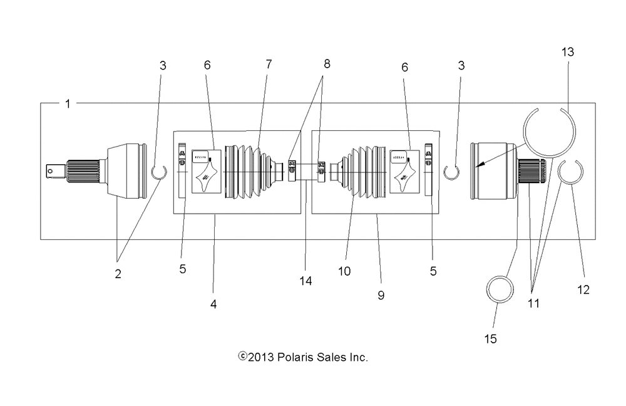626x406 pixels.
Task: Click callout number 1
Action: (x=68, y=103)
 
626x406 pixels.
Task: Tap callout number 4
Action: (x=213, y=305)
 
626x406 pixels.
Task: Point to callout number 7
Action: (x=269, y=65)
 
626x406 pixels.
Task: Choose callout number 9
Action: (x=381, y=295)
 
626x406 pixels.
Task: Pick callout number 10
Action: (x=344, y=271)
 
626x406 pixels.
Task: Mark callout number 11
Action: (x=533, y=303)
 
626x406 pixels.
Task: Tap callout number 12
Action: (x=583, y=289)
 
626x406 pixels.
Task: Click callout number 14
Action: (x=305, y=281)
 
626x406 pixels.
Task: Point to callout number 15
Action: (x=490, y=338)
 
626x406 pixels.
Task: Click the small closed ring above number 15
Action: (x=501, y=290)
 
